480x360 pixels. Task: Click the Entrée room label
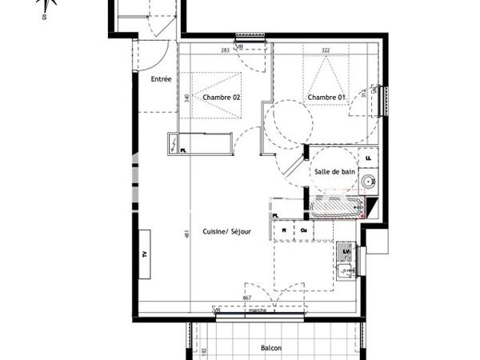coord(162,79)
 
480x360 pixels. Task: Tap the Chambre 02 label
coord(222,97)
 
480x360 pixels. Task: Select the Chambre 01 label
coord(326,97)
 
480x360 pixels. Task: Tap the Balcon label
coord(271,348)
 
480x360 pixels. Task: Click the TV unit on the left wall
coord(146,253)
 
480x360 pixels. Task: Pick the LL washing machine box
coord(368,158)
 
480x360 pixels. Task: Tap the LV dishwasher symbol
coord(346,252)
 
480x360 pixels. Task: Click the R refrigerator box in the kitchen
coord(284,230)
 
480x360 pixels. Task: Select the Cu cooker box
coord(304,230)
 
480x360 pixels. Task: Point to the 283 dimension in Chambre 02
coord(225,50)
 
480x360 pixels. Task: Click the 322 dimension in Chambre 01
coord(325,50)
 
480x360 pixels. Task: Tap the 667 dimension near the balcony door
coord(246,299)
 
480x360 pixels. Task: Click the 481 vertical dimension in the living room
coord(186,234)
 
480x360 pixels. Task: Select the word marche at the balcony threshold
coord(258,310)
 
